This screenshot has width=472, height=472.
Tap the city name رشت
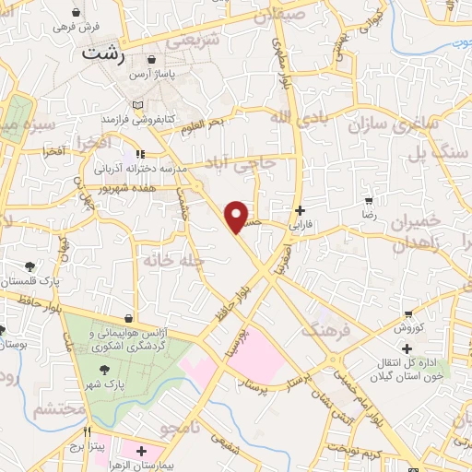[x=103, y=53]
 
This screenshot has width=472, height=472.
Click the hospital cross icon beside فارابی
[x=299, y=209]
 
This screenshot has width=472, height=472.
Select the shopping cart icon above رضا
[x=369, y=200]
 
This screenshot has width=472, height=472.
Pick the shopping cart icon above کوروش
[x=407, y=313]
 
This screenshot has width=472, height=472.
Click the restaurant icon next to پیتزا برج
[x=88, y=431]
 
